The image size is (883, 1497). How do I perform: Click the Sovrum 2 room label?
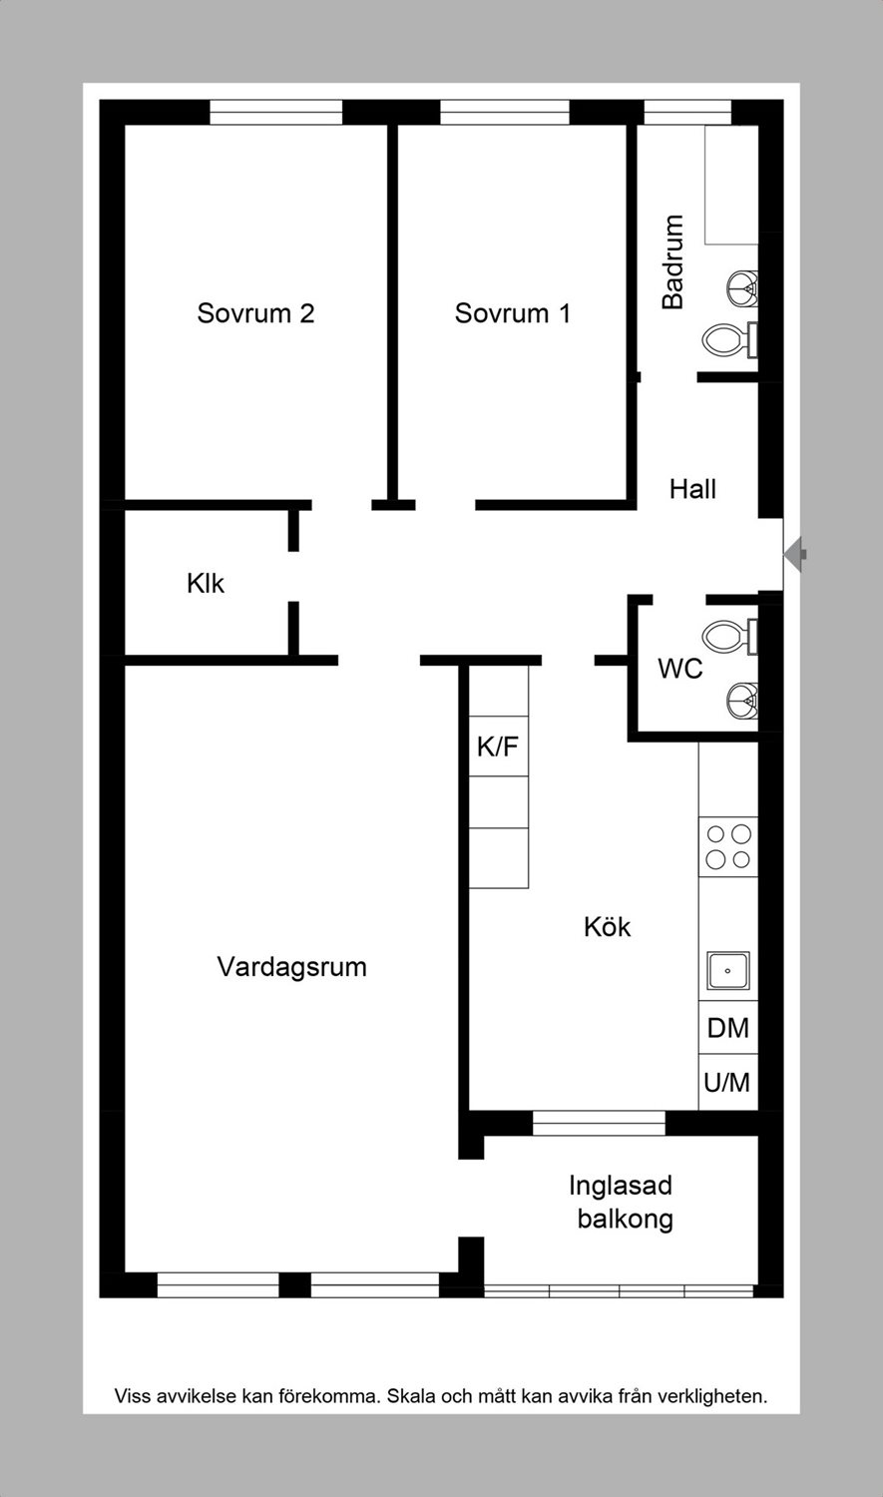[255, 312]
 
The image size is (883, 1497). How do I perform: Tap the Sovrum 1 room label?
[512, 312]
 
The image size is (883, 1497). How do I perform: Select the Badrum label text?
[673, 261]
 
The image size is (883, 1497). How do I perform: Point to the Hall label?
[692, 489]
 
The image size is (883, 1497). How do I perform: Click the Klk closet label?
[206, 584]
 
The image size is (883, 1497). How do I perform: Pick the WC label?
[679, 669]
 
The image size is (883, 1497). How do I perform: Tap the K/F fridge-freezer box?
[499, 746]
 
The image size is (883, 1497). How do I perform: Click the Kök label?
[608, 927]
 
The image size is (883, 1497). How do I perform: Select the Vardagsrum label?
[292, 967]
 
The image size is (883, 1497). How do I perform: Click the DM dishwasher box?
[728, 1028]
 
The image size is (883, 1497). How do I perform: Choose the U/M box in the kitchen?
[728, 1083]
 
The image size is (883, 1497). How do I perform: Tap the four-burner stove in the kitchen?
[728, 846]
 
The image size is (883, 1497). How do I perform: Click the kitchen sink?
[728, 971]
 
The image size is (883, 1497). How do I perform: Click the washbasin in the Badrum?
[742, 288]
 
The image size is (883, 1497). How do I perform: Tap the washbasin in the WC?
[742, 701]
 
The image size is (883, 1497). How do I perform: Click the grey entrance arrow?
[795, 554]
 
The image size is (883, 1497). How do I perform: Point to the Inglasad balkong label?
[622, 1202]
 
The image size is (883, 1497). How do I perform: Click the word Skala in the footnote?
[411, 1395]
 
